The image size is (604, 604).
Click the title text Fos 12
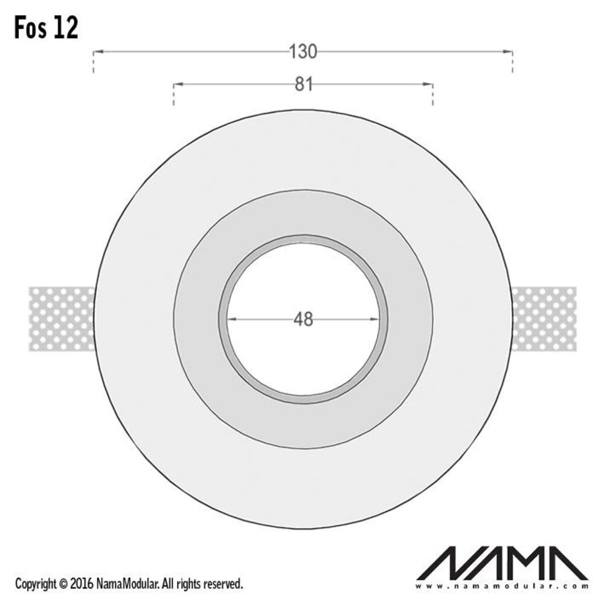click(47, 28)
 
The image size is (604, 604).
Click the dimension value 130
click(303, 53)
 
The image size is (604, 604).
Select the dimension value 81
click(303, 85)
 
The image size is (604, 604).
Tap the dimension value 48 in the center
click(303, 319)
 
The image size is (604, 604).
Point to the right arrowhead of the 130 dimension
click(507, 53)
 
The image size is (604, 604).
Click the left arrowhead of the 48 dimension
click(232, 319)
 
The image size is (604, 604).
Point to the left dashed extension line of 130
click(93, 63)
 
